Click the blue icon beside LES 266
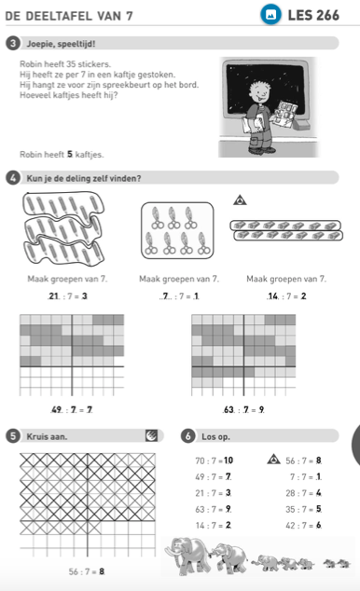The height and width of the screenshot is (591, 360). (270, 15)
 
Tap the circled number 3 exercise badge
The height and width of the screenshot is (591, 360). (13, 43)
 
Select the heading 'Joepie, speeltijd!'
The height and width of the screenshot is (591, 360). (61, 44)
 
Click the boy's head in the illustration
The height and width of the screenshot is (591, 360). (259, 89)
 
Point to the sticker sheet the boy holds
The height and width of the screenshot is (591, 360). (285, 112)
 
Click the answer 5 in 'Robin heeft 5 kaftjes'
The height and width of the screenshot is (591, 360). (70, 154)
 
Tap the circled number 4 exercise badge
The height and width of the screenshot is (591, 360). (13, 178)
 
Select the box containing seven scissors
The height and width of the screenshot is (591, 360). (177, 230)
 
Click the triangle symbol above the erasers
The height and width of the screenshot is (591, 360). (240, 199)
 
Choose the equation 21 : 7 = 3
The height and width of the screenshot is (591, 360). (67, 296)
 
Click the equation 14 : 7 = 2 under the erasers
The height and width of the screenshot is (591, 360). (286, 296)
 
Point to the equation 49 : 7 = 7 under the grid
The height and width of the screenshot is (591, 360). (72, 409)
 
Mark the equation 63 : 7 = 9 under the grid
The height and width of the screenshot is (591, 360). (243, 409)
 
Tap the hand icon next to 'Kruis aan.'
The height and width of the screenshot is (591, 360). (151, 435)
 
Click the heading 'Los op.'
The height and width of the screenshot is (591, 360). (215, 436)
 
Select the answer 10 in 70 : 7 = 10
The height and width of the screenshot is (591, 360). (228, 460)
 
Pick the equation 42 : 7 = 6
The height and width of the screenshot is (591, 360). (303, 525)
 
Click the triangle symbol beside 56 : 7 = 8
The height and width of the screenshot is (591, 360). (273, 459)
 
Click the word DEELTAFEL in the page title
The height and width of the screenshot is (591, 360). (59, 16)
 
